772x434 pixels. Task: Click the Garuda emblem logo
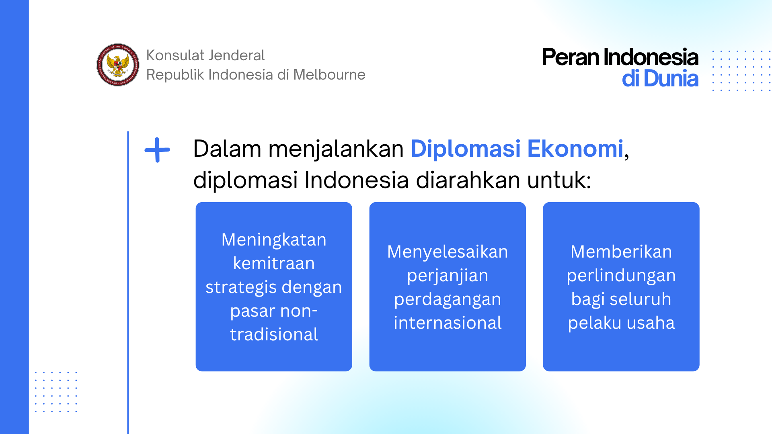pyautogui.click(x=118, y=65)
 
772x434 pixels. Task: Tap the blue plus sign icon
pyautogui.click(x=157, y=150)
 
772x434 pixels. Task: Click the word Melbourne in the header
pyautogui.click(x=329, y=75)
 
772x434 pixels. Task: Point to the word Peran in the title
pyautogui.click(x=570, y=57)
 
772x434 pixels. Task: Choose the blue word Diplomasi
pyautogui.click(x=466, y=149)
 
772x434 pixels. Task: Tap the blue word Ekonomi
pyautogui.click(x=575, y=149)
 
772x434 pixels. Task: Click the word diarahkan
pyautogui.click(x=468, y=180)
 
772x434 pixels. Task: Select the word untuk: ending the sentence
pyautogui.click(x=559, y=180)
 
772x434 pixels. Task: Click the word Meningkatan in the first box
pyautogui.click(x=274, y=240)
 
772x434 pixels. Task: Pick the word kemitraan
pyautogui.click(x=274, y=264)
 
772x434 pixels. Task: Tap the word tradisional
pyautogui.click(x=274, y=335)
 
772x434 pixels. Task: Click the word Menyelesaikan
pyautogui.click(x=448, y=252)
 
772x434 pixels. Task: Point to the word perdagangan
pyautogui.click(x=448, y=300)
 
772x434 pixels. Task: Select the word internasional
pyautogui.click(x=448, y=323)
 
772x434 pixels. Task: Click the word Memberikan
pyautogui.click(x=621, y=252)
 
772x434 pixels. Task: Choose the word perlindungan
pyautogui.click(x=621, y=276)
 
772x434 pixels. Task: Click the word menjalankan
pyautogui.click(x=336, y=149)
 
